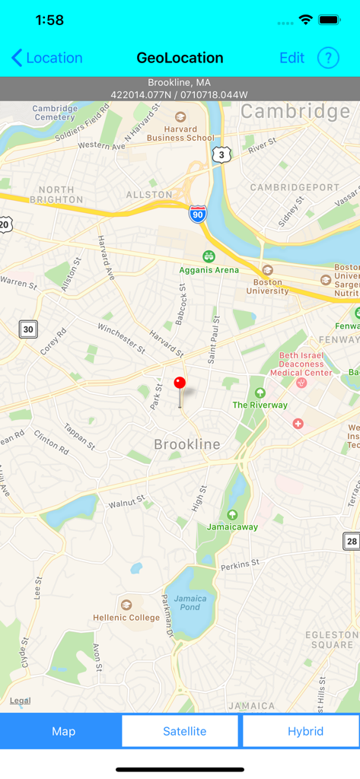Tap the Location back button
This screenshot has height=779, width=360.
[x=47, y=58]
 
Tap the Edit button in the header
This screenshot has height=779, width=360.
[x=292, y=58]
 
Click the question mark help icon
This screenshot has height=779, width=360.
[x=328, y=58]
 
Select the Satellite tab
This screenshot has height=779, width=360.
[x=184, y=731]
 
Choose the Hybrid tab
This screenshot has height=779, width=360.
[x=305, y=731]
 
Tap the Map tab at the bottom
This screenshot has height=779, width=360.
[x=63, y=731]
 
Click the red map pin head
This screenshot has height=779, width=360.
[x=180, y=383]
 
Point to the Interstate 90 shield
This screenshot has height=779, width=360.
[x=198, y=214]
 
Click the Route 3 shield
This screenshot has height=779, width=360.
[x=221, y=154]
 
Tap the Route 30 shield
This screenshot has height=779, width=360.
[x=28, y=329]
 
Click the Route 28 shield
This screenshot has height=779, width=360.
[x=351, y=541]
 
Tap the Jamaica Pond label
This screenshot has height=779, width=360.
[x=190, y=603]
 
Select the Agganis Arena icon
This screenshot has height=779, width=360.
[x=209, y=256]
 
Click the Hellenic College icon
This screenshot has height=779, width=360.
[x=126, y=605]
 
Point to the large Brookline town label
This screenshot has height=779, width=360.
[x=187, y=444]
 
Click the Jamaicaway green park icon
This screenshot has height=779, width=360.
[x=232, y=516]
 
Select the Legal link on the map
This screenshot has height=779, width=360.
[x=20, y=701]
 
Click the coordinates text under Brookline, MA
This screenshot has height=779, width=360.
[x=180, y=95]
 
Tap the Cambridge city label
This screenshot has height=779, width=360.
[x=295, y=112]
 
